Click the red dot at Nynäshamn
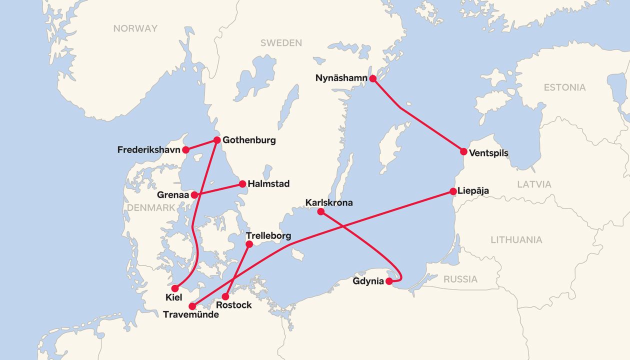372,78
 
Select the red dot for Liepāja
453,191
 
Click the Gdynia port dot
389,281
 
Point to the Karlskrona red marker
321,211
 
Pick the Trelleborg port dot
250,244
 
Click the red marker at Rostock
225,296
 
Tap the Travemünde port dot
192,306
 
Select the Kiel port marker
175,288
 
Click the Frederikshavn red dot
185,149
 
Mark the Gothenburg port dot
217,140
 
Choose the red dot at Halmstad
242,184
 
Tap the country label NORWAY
135,28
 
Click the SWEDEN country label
281,43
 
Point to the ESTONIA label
564,87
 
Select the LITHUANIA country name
516,240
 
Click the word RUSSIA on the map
460,279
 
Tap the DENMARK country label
150,207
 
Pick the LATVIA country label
534,184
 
